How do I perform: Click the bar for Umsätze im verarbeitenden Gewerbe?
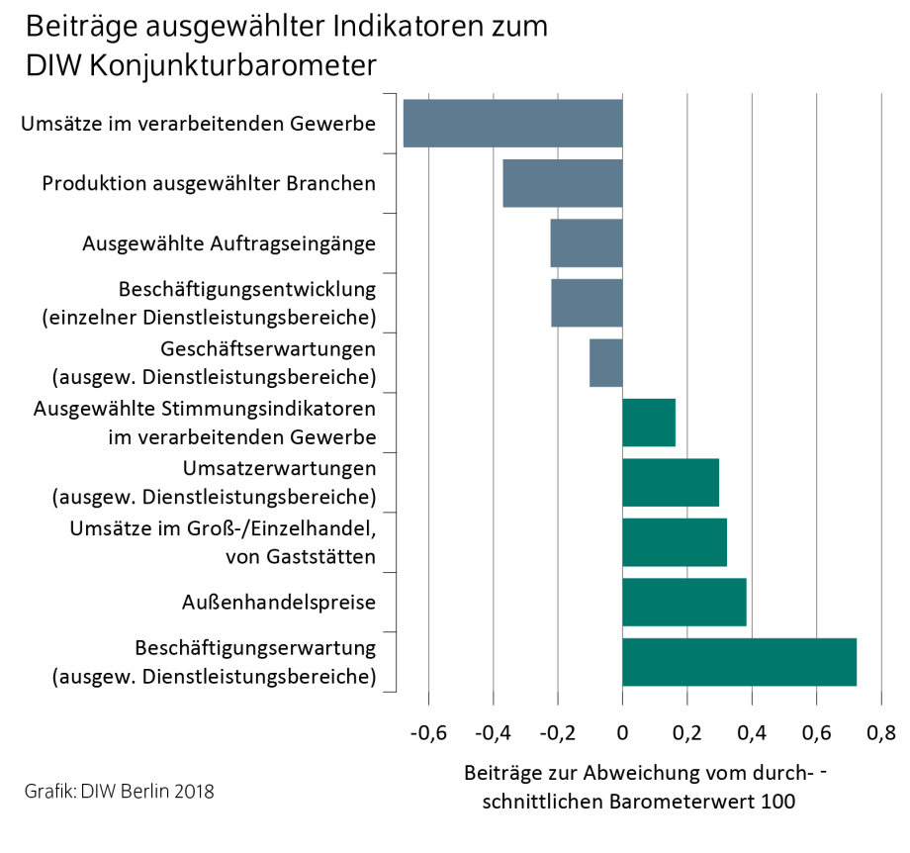512,124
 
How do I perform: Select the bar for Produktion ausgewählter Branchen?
563,183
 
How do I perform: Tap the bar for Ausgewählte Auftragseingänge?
587,243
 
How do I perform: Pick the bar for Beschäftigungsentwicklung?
587,303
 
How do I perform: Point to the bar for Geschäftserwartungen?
606,363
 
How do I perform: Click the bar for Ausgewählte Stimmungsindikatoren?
649,423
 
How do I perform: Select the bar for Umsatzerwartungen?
671,483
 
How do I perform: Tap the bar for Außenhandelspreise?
684,603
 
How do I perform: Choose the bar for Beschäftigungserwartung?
739,662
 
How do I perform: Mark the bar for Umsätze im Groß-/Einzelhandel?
675,542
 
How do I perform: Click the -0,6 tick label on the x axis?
427,734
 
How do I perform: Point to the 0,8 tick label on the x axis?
881,734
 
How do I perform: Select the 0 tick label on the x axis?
622,734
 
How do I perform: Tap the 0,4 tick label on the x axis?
752,734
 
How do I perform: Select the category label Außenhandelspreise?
279,602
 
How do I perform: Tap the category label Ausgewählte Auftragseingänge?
228,243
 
